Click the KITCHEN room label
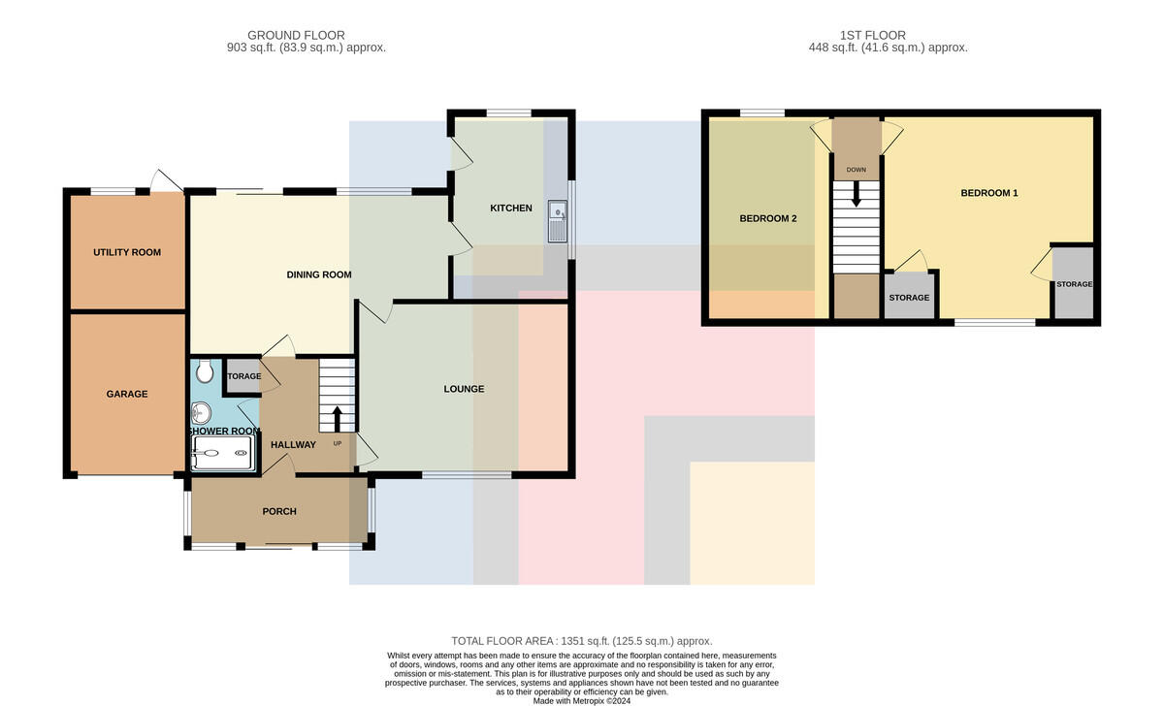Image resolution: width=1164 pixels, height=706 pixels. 511,209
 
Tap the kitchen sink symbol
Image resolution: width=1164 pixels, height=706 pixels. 558,221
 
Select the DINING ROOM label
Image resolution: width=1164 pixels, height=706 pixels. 319,274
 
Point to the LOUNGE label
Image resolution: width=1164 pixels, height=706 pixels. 464,389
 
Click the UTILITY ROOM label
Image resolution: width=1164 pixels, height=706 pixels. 127,252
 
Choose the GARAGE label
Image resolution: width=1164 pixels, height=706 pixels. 127,395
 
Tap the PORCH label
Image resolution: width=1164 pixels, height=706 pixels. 279,512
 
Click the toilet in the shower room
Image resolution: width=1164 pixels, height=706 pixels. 206,370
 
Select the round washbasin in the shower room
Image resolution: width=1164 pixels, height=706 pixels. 201,413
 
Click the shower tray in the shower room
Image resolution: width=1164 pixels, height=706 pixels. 223,453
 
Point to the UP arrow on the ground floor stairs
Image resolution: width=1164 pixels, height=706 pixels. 337,419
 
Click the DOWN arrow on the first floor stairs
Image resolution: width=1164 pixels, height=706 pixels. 856,194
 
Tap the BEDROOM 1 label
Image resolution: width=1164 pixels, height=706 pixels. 989,193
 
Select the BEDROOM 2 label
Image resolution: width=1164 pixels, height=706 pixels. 768,219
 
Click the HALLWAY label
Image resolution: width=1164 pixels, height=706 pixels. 293,445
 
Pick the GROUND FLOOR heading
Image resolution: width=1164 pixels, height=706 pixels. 296,35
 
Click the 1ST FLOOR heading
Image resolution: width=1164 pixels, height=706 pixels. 872,35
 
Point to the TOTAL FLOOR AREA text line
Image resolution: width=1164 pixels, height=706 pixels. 581,641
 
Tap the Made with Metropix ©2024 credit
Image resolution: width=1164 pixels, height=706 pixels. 581,701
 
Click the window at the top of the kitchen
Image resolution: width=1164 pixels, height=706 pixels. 508,112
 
